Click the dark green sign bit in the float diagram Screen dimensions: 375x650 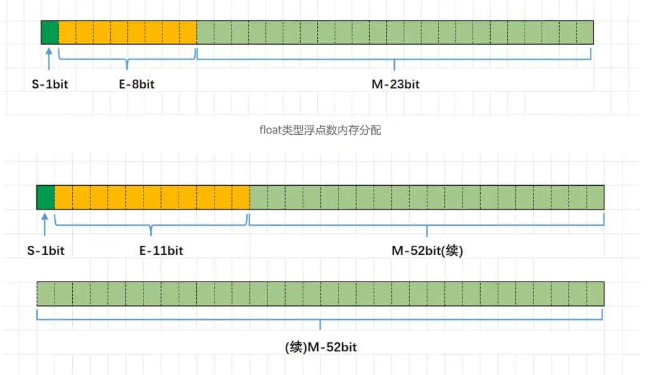click(x=50, y=32)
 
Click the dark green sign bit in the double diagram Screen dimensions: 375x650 click(x=46, y=197)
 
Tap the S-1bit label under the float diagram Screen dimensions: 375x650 click(x=50, y=85)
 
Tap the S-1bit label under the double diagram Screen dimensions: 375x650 click(x=46, y=251)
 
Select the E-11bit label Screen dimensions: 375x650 click(x=161, y=251)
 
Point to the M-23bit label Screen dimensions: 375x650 click(x=395, y=85)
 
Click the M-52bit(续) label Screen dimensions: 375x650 click(x=427, y=251)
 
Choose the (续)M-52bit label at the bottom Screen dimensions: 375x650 click(x=321, y=347)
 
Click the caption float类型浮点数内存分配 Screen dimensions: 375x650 click(x=320, y=130)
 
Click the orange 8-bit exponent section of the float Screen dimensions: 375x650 click(x=127, y=32)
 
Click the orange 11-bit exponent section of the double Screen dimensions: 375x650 click(x=152, y=197)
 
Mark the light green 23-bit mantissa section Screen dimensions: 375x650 click(x=395, y=32)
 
